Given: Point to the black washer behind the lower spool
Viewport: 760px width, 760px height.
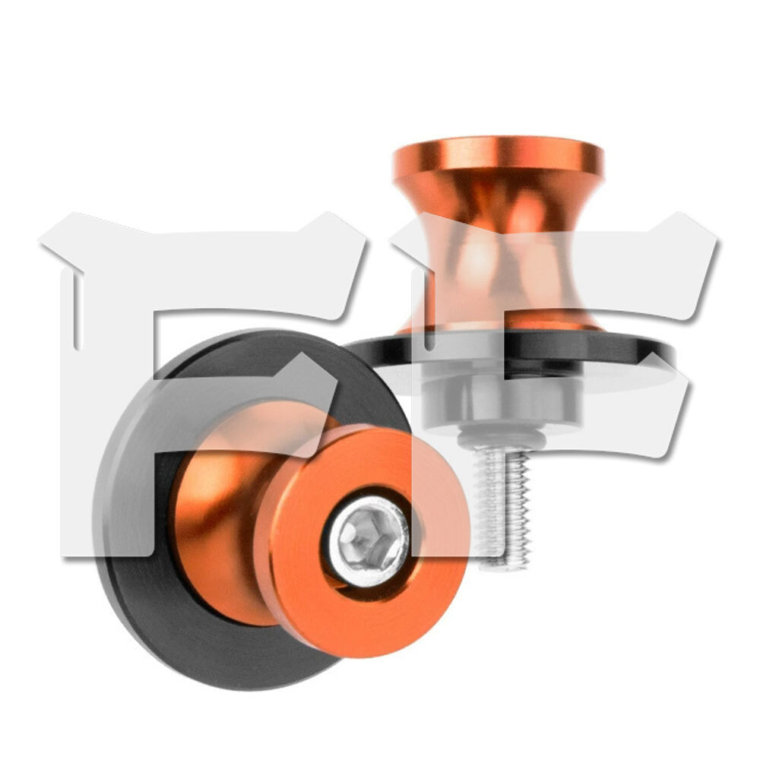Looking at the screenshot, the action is coord(160,581).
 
